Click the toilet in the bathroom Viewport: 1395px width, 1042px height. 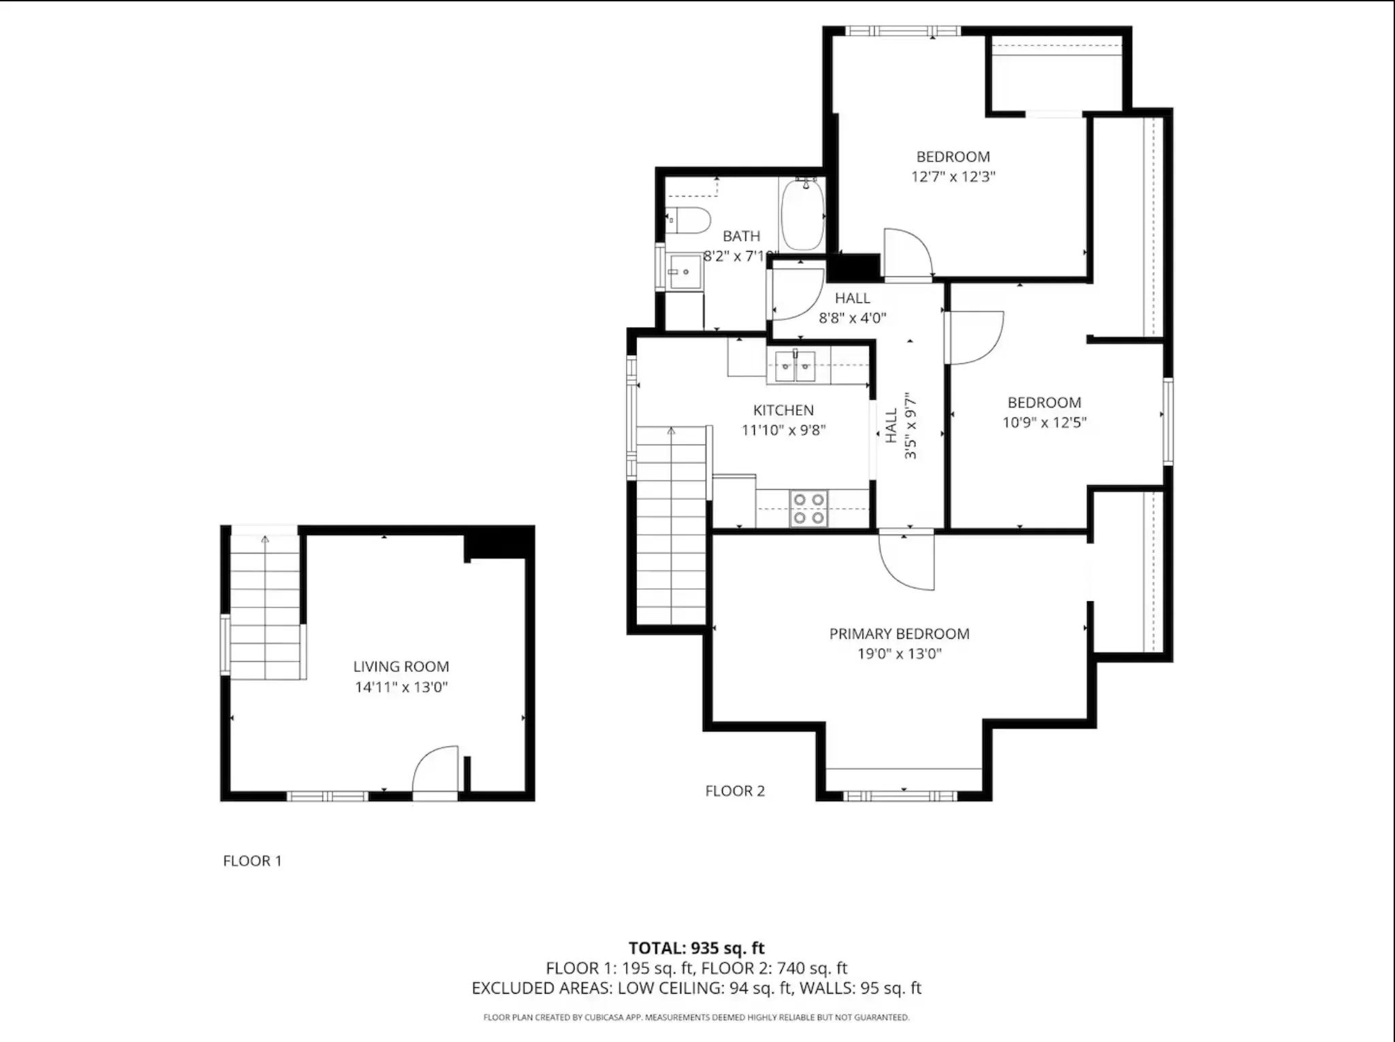[x=688, y=220]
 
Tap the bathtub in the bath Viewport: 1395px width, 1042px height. [x=803, y=214]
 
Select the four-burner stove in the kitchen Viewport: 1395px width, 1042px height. [x=809, y=509]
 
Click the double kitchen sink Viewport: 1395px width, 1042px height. [x=795, y=367]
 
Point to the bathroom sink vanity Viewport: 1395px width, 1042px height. [x=685, y=272]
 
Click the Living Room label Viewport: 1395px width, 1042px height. [x=401, y=667]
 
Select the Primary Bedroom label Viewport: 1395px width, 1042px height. [x=899, y=634]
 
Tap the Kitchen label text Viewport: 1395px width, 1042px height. [x=783, y=410]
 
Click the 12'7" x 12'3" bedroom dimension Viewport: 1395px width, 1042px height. [x=953, y=177]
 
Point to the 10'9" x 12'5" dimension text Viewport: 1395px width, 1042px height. [x=1045, y=422]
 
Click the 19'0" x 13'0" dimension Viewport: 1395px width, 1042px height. [x=900, y=654]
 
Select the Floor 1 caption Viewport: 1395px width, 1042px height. [x=252, y=861]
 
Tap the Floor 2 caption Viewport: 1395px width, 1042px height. [x=735, y=791]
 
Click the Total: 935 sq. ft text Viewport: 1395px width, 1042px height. [x=697, y=948]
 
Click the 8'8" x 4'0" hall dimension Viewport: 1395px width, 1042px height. [x=853, y=318]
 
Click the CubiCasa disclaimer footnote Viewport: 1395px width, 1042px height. [x=696, y=1018]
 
